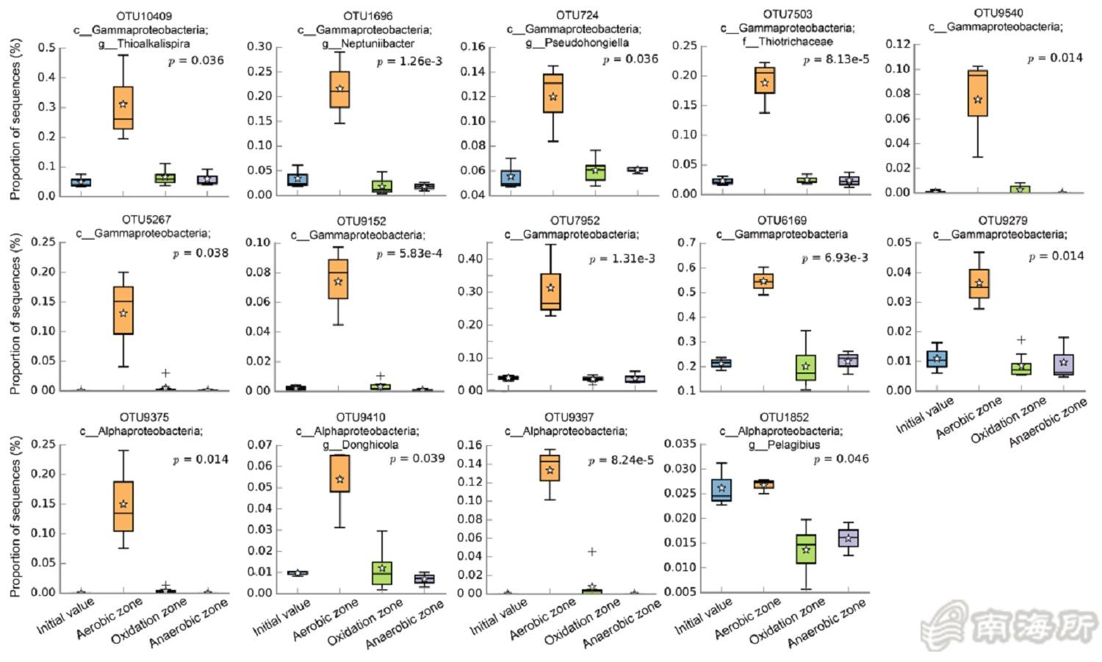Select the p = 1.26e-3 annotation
tap(409, 61)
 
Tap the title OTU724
tap(577, 15)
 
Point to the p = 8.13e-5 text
tap(835, 60)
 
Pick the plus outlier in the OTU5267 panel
tap(166, 373)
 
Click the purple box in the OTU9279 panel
tap(1063, 364)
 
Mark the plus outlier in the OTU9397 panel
tap(591, 552)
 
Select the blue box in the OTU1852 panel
tap(721, 490)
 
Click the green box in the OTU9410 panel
tap(382, 573)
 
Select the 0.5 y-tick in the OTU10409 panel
tap(46, 48)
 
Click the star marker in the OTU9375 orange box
tap(123, 504)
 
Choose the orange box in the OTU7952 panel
tap(550, 292)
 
